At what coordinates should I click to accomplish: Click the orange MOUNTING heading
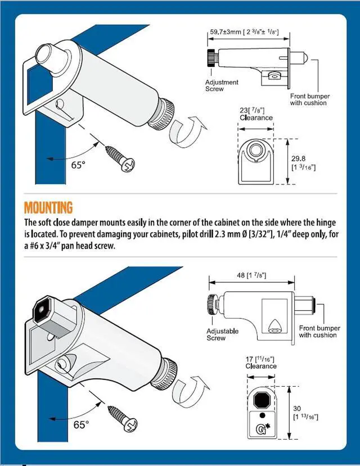pyautogui.click(x=48, y=208)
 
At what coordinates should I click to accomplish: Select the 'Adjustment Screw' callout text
pyautogui.click(x=222, y=85)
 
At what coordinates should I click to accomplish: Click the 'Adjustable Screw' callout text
pyautogui.click(x=222, y=334)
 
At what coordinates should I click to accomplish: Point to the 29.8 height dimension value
pyautogui.click(x=298, y=159)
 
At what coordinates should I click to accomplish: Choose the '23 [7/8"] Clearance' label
pyautogui.click(x=256, y=114)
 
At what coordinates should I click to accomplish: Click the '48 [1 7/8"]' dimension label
pyautogui.click(x=251, y=275)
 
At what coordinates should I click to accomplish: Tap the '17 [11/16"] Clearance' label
pyautogui.click(x=260, y=363)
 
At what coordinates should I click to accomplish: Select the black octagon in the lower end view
pyautogui.click(x=262, y=400)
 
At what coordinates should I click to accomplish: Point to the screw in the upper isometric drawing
pyautogui.click(x=120, y=159)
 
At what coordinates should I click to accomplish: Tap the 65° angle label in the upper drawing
pyautogui.click(x=78, y=165)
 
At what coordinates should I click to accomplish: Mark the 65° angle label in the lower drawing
pyautogui.click(x=81, y=425)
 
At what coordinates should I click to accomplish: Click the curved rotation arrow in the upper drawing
pyautogui.click(x=187, y=131)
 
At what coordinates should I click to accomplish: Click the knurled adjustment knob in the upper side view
pyautogui.click(x=211, y=58)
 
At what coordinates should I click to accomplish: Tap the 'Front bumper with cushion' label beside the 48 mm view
pyautogui.click(x=319, y=331)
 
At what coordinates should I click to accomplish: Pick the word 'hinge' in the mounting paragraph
pyautogui.click(x=326, y=223)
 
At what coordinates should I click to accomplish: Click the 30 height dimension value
pyautogui.click(x=296, y=408)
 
